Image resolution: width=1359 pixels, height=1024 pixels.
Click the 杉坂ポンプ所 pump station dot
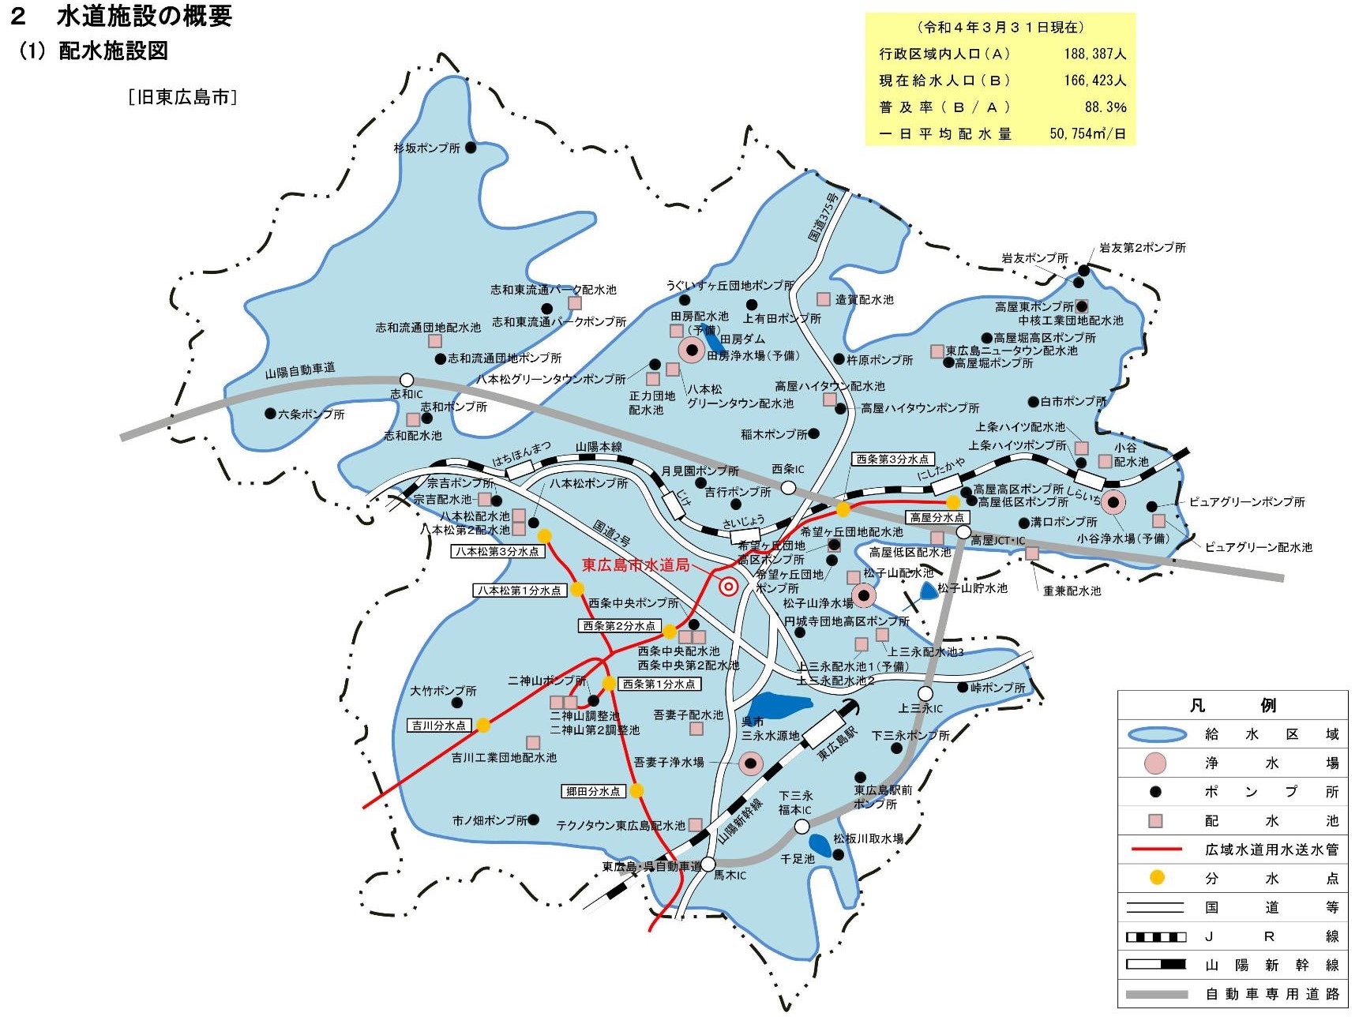point(471,147)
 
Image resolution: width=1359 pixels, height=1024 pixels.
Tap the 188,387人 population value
point(1094,54)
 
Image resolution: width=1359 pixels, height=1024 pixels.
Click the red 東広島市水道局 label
point(636,565)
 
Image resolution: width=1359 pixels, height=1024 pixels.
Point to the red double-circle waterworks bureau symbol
point(729,587)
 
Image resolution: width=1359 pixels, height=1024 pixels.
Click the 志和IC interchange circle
point(407,380)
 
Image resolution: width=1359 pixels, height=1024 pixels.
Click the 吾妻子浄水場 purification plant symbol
point(751,763)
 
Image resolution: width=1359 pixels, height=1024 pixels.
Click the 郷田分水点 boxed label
point(593,791)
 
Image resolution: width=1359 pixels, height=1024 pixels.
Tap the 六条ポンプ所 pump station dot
point(270,413)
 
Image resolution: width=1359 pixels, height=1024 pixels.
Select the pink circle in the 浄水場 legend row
point(1155,763)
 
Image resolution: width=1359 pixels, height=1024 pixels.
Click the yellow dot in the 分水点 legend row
point(1157,877)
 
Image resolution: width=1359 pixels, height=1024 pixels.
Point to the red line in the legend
point(1157,849)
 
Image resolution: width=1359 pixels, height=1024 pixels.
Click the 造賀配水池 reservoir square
point(824,299)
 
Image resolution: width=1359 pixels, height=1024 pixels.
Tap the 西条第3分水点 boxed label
point(892,459)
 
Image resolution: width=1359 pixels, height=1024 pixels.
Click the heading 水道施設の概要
point(144,16)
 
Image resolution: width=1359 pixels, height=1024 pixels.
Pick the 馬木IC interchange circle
point(708,863)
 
